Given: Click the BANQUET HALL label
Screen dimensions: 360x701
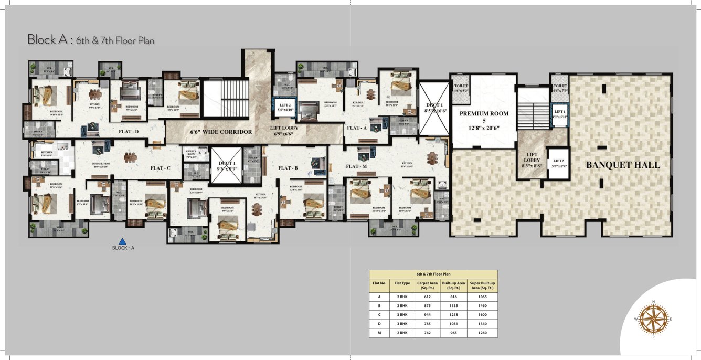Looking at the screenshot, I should (623, 165).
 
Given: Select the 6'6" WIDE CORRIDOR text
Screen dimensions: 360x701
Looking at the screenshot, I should (220, 132).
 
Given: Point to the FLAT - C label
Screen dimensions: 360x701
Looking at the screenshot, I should (161, 168).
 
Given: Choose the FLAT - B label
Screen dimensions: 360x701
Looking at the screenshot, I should (288, 168).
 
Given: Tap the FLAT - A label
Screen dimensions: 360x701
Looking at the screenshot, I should (356, 128).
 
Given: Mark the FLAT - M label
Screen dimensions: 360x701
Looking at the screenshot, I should (356, 166).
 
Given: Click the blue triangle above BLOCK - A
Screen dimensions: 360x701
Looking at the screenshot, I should (123, 241).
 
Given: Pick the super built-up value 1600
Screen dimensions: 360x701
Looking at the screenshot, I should (482, 315).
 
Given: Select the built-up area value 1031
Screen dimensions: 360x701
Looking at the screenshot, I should (453, 324).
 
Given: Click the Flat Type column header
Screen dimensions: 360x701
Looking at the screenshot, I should (402, 283).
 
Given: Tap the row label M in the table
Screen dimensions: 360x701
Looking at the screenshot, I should (379, 333).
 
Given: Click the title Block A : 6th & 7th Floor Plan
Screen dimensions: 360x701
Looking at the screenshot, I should (91, 40).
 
